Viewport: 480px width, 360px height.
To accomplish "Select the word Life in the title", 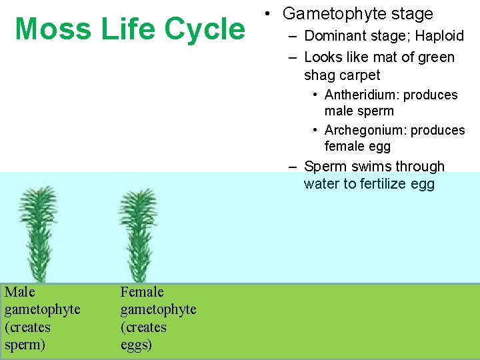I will point(123,29).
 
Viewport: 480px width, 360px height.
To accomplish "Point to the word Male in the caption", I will point(19,292).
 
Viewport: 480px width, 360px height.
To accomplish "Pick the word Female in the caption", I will point(141,292).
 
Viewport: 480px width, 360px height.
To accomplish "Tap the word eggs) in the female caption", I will point(136,345).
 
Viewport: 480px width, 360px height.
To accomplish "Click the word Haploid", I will point(439,36).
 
